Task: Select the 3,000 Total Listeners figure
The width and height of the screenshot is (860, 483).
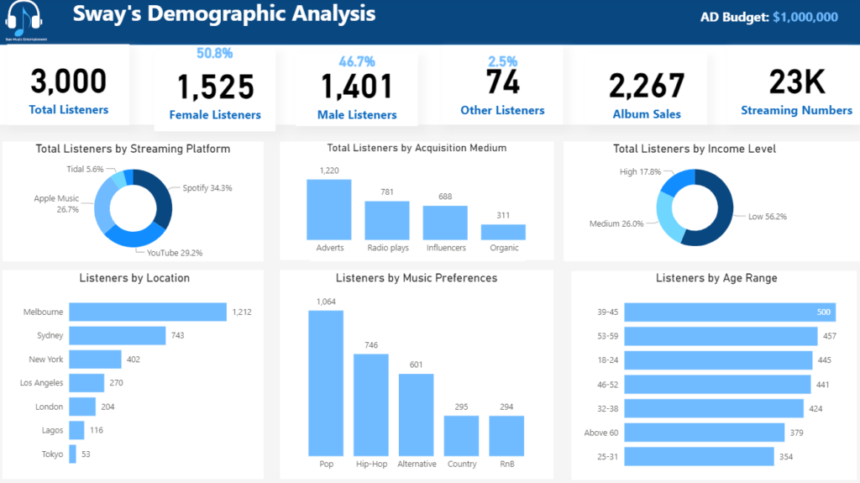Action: pos(69,81)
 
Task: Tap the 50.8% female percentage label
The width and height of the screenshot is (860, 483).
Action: pos(215,54)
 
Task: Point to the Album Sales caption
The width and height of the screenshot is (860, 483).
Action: pos(647,114)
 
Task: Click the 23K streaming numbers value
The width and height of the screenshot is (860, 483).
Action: pos(797,81)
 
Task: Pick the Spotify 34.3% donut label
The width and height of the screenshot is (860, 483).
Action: pos(207,188)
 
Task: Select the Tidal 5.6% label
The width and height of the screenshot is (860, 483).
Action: pos(85,169)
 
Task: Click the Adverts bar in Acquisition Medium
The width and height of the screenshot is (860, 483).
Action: pos(328,210)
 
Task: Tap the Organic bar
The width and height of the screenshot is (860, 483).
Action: pos(503,232)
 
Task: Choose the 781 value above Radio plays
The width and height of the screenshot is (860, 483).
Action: pos(386,192)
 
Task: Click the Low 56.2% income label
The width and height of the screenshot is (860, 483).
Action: pos(768,216)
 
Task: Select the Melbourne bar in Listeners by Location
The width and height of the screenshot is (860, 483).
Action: pos(148,312)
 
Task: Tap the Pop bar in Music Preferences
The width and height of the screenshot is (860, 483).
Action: pos(326,383)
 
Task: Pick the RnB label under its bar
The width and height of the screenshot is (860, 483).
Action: pos(506,464)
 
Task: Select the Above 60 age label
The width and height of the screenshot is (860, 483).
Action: pos(601,433)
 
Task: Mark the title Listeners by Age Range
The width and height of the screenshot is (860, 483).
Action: pos(716,278)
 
